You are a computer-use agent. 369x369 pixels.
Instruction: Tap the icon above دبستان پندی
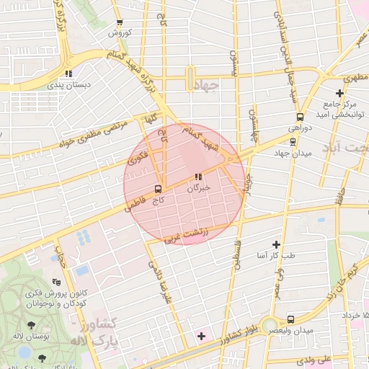pyautogui.click(x=68, y=73)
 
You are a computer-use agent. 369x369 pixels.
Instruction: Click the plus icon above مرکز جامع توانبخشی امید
pyautogui.click(x=340, y=93)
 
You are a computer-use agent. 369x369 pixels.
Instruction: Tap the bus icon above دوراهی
pyautogui.click(x=299, y=118)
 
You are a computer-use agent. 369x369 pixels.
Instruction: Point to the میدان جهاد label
pyautogui.click(x=290, y=154)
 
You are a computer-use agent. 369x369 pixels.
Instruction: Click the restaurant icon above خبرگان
pyautogui.click(x=198, y=177)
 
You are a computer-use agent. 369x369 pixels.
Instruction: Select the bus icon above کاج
pyautogui.click(x=156, y=189)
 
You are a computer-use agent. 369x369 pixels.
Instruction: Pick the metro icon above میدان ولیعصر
pyautogui.click(x=290, y=319)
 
